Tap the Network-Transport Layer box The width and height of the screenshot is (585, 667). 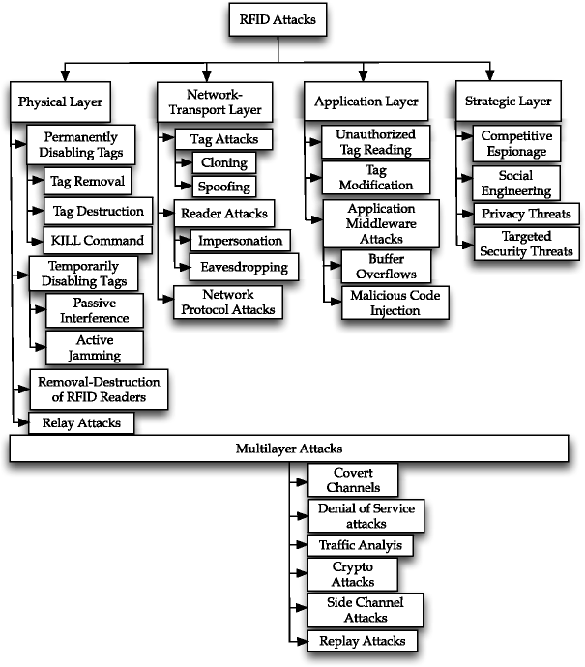[216, 101]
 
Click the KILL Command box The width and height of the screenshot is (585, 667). [97, 241]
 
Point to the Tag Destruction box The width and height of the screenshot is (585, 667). [97, 211]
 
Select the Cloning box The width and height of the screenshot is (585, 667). [224, 162]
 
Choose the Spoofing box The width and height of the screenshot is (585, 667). [224, 187]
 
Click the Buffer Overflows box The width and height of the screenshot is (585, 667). [385, 266]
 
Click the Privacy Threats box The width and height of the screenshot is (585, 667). [521, 214]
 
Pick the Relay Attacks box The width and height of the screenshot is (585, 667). [80, 422]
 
